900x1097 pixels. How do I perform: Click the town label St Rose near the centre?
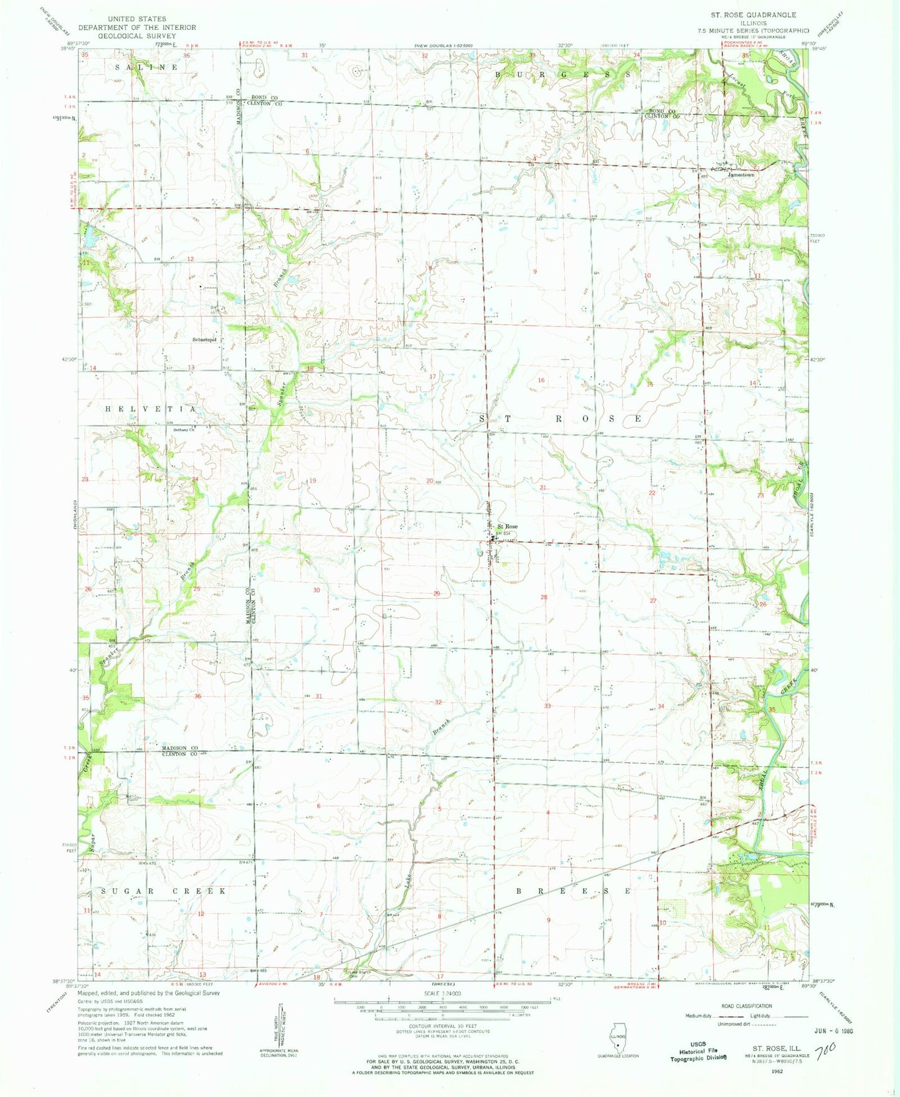(507, 526)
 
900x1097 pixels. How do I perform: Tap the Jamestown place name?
(741, 175)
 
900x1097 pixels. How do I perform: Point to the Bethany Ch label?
(184, 429)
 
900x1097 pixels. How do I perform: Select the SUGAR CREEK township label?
(163, 891)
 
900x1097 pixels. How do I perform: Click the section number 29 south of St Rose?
(437, 594)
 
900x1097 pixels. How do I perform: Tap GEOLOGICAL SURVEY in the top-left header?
(136, 36)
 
